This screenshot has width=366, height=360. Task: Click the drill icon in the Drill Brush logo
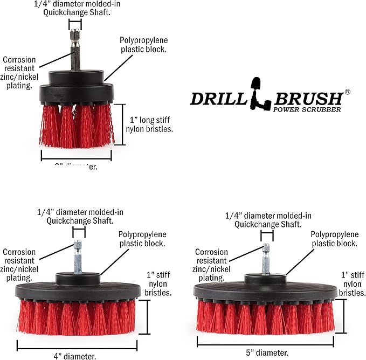pos(258,92)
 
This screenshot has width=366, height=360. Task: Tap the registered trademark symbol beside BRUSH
pos(347,92)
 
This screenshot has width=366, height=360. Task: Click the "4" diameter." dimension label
pos(75,356)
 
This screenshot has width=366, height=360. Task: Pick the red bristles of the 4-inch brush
pos(75,317)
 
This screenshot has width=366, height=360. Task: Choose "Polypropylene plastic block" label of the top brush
pos(143,45)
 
